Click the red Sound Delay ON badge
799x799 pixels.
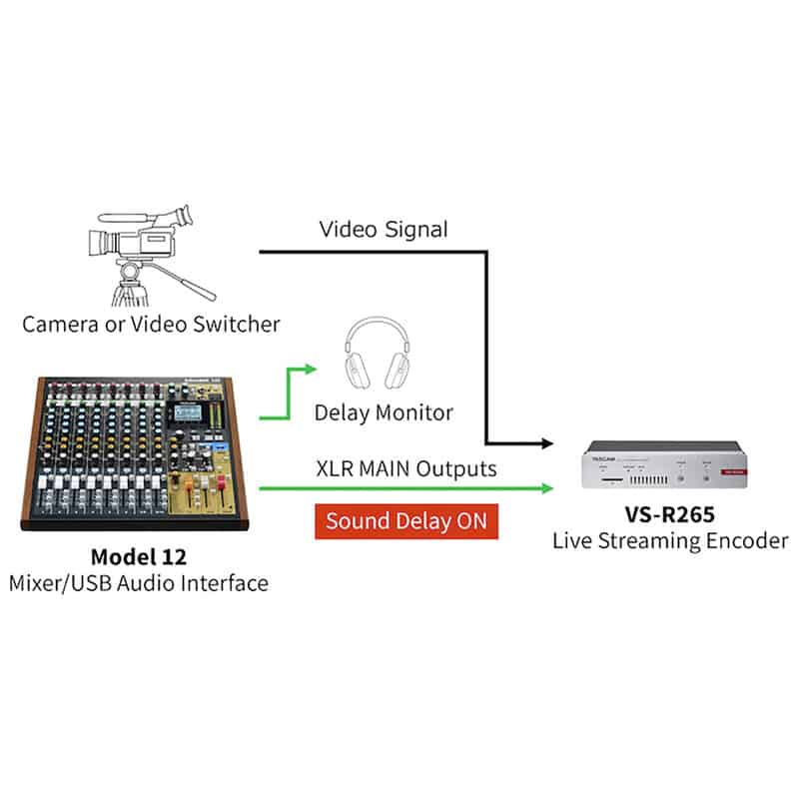pyautogui.click(x=406, y=520)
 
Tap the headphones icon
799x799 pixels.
pyautogui.click(x=378, y=353)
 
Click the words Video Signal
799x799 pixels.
pyautogui.click(x=384, y=230)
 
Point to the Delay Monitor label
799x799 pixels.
pyautogui.click(x=384, y=412)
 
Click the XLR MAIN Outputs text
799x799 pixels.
pyautogui.click(x=406, y=468)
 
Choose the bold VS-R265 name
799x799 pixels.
pyautogui.click(x=669, y=514)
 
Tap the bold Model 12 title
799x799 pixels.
pyautogui.click(x=139, y=557)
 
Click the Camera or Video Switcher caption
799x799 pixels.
pyautogui.click(x=152, y=324)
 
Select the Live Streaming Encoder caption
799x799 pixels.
pyautogui.click(x=670, y=540)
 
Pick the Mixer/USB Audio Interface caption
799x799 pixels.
pyautogui.click(x=139, y=583)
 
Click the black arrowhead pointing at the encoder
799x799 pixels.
pyautogui.click(x=547, y=443)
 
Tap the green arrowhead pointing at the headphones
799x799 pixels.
pyautogui.click(x=311, y=370)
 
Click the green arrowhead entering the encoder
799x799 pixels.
pyautogui.click(x=547, y=488)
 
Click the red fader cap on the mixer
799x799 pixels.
pyautogui.click(x=221, y=482)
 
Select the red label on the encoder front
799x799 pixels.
pyautogui.click(x=734, y=471)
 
